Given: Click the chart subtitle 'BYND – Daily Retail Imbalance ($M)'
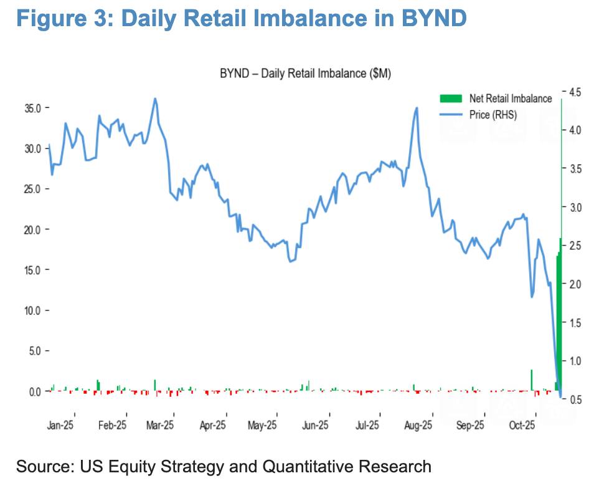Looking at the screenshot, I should [305, 74].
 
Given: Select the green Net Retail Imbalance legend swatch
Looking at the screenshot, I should [451, 98].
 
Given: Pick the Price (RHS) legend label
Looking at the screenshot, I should [493, 115].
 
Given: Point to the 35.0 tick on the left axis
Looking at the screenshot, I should [32, 108].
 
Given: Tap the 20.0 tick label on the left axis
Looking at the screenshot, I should [32, 229].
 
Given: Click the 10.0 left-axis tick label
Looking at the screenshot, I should [32, 310].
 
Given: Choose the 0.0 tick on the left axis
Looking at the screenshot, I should [35, 391].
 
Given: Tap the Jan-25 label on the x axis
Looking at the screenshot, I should [60, 426].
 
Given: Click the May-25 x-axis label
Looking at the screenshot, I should [262, 426].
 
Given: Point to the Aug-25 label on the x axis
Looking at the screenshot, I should [418, 426].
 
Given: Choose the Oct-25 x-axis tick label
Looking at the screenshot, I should [522, 426].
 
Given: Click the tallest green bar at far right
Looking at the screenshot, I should [561, 312].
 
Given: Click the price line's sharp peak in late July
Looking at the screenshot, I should [416, 108].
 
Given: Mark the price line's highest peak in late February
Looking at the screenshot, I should [154, 99].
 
